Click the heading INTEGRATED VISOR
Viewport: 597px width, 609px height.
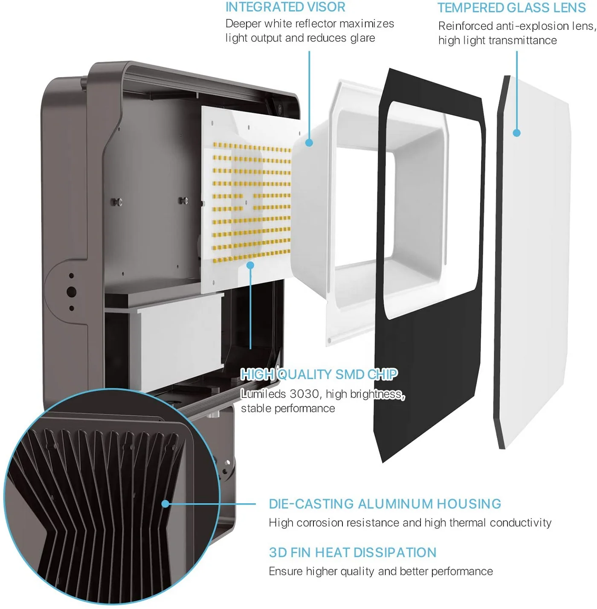coord(285,7)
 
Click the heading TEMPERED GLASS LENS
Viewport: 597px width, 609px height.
coord(511,8)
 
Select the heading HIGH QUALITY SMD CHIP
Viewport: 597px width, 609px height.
coord(319,374)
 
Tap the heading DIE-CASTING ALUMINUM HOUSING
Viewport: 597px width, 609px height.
coord(385,504)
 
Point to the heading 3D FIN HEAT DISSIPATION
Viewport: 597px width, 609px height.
coord(353,552)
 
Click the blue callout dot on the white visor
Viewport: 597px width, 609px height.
coord(309,142)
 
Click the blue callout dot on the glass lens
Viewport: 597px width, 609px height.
coord(516,133)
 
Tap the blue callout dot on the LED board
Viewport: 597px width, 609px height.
coord(250,265)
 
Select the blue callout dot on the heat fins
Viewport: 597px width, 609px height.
coord(165,504)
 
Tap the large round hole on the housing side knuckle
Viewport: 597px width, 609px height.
coord(71,292)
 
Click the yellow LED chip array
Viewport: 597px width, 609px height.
coord(252,203)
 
